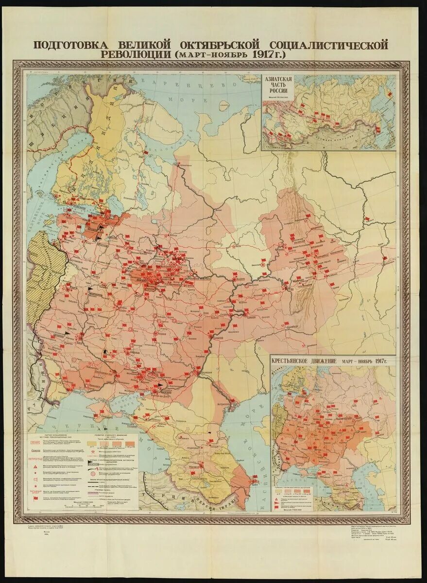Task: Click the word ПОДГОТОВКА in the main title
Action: (x=72, y=45)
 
